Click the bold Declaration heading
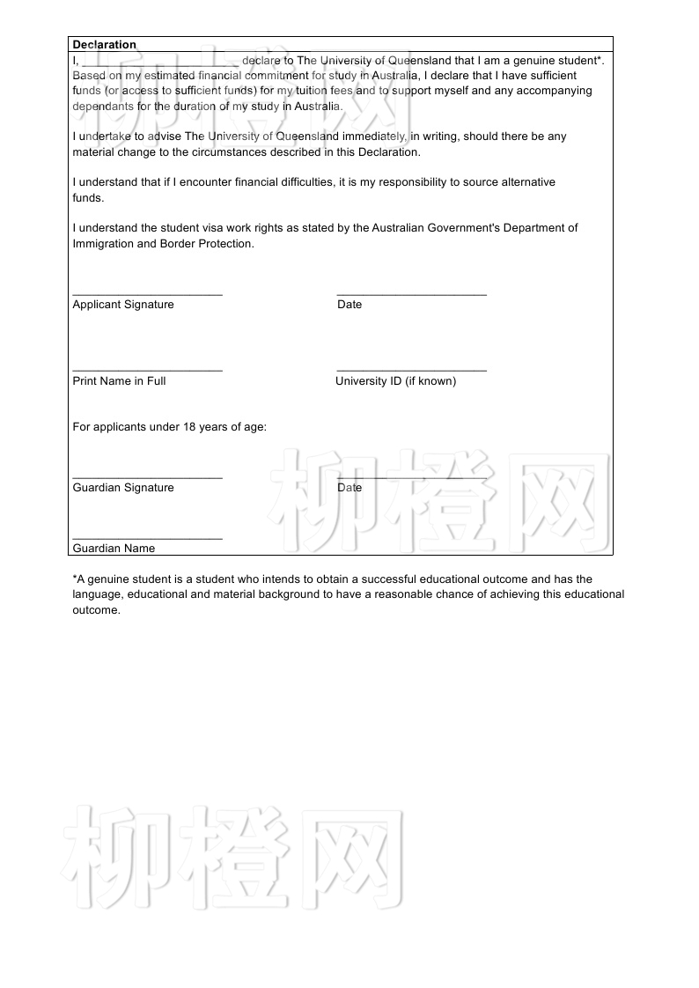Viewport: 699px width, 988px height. tap(104, 45)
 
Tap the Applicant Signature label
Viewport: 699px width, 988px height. tap(123, 305)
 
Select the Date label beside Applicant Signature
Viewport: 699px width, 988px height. tap(349, 305)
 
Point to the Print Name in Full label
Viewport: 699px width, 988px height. tap(119, 381)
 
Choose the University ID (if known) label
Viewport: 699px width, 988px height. tap(395, 381)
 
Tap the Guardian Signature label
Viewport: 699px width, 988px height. tap(123, 488)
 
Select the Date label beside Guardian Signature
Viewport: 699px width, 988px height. tap(349, 488)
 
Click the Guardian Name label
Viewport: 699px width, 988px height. tap(114, 549)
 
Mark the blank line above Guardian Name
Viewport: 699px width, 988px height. tap(147, 538)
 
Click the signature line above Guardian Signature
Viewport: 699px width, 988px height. tap(147, 477)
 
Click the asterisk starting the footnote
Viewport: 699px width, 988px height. tap(75, 579)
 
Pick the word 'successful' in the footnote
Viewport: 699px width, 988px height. tap(364, 579)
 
